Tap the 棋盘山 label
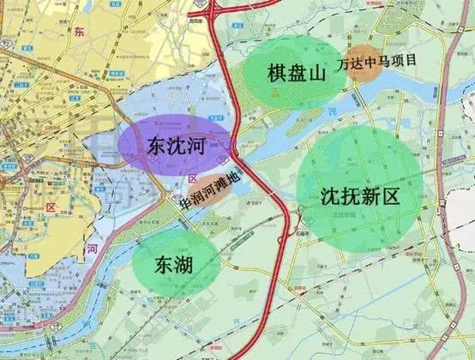point(297,73)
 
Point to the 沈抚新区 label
point(360,195)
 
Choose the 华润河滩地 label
point(211,199)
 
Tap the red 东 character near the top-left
point(81,33)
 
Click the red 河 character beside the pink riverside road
point(93,249)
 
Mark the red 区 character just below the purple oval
point(192,177)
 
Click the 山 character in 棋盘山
point(317,73)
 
